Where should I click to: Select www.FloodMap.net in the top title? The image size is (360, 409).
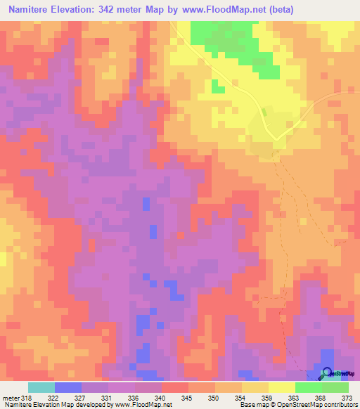click(x=213, y=9)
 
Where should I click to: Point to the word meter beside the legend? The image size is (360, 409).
click(x=11, y=397)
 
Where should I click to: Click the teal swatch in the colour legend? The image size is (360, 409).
click(x=41, y=387)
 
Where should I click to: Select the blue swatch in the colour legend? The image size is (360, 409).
click(x=68, y=387)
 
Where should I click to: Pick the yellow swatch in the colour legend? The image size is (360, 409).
click(x=282, y=387)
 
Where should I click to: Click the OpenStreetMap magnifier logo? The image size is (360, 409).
click(x=326, y=373)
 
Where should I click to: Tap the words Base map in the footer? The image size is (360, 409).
click(x=252, y=405)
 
